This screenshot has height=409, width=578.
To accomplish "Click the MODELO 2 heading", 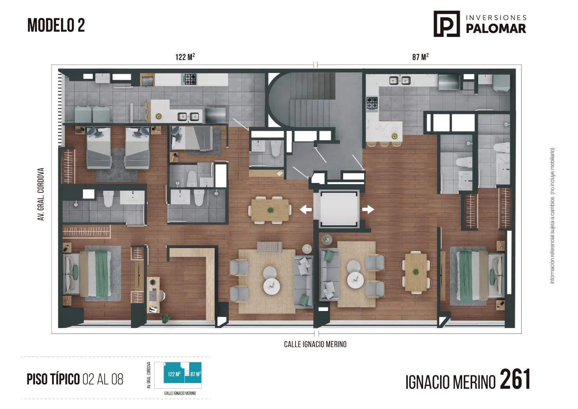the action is (x=56, y=25).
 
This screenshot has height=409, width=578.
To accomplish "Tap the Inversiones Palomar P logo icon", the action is (x=447, y=24).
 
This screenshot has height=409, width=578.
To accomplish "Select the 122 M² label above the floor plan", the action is (x=185, y=56).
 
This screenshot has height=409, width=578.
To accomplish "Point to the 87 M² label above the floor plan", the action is (x=420, y=56).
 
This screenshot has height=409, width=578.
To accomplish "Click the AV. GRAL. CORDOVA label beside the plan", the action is (x=41, y=194).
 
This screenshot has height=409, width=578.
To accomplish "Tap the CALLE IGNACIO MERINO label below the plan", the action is (x=315, y=344).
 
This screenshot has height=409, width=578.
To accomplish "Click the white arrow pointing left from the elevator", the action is (x=306, y=209).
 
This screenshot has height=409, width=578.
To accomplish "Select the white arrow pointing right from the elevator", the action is (x=368, y=209).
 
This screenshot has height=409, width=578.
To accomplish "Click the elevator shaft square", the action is (x=338, y=209).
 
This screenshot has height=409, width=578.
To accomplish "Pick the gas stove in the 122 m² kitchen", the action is (x=190, y=79).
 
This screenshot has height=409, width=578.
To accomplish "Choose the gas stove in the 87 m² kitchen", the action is (x=372, y=104).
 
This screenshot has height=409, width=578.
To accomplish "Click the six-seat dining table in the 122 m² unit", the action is (x=270, y=209).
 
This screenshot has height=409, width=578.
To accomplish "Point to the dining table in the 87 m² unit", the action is (x=416, y=272).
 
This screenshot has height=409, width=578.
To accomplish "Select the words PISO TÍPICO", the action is (x=53, y=379).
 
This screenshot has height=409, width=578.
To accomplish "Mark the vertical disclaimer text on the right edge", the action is (x=552, y=216).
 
